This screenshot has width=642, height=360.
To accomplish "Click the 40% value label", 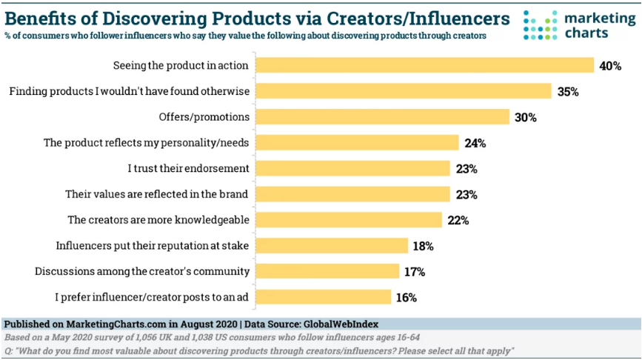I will (609, 66).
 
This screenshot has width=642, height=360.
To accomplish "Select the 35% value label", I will (568, 92).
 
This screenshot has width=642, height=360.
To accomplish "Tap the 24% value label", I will (475, 143).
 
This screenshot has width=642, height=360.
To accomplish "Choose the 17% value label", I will (415, 272).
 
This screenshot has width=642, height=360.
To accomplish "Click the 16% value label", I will (406, 298).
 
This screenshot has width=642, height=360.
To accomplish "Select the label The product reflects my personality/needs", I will (147, 143).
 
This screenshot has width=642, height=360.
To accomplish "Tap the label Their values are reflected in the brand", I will (157, 194).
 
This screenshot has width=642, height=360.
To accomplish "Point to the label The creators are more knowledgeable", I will (158, 220).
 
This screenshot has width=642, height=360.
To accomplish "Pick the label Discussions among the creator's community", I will (141, 271).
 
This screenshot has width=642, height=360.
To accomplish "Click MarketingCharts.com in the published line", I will (106, 324).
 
